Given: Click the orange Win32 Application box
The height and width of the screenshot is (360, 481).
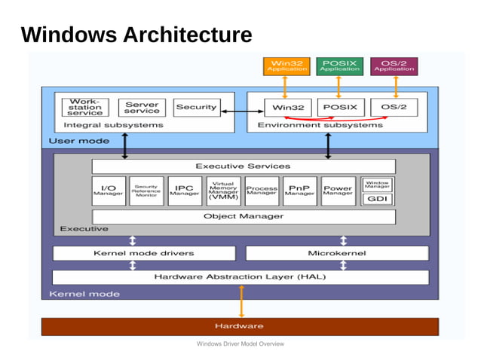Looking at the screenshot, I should pos(286,66).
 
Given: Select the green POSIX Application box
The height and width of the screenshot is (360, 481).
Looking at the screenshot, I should pos(339,66).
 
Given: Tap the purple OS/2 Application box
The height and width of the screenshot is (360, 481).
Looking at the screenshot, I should pos(394,66).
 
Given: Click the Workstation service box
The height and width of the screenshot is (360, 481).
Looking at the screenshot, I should pos(85,107).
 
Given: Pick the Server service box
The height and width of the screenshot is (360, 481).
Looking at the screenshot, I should pos(142,107).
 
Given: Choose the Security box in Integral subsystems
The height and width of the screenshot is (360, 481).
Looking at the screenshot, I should pos(196,107).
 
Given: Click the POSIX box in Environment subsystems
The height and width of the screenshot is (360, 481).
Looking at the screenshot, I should pos(339,107).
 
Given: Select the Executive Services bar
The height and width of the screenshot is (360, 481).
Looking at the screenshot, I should pos(243,166).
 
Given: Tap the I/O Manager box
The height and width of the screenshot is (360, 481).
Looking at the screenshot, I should pos(109,191).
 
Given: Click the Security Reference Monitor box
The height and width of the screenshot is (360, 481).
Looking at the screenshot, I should pos(146,191).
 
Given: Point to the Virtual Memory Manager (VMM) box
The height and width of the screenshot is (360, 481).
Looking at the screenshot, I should pos(223,191).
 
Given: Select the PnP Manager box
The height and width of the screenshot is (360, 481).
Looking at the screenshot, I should pos(300,191).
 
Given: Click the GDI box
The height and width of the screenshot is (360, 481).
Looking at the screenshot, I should pos(377,199).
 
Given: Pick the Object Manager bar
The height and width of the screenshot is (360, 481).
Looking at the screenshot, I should pos(243,216).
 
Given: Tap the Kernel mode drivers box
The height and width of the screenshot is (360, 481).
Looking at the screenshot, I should pos(143,253).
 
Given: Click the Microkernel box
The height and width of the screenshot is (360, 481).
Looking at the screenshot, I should pos(337,253).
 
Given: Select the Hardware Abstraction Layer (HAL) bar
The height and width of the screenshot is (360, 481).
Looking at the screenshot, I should pos(240,276).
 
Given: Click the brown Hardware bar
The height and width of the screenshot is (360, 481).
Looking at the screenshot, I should pos(239,326).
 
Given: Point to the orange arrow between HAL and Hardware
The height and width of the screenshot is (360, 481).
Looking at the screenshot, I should pos(241,302).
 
